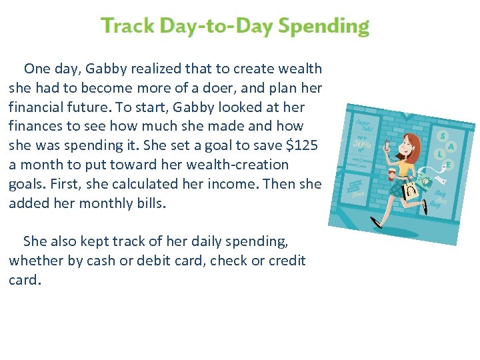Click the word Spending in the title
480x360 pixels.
coord(323,27)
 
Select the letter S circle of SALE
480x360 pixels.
coord(441,135)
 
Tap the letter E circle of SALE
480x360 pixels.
coord(448,164)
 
